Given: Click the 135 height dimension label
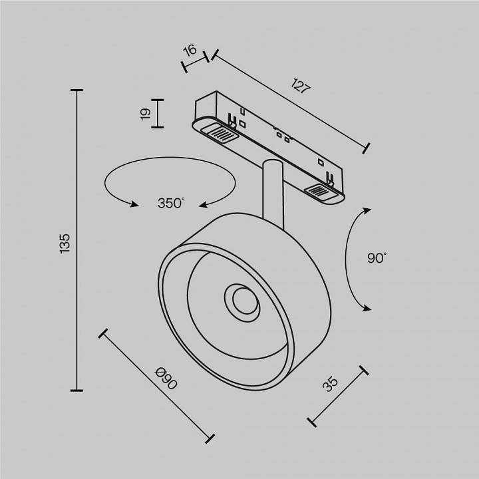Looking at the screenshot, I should point(65,243).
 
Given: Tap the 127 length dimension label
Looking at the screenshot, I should point(301,86).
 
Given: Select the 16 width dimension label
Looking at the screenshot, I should point(190,50).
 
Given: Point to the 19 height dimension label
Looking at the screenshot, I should point(145,114).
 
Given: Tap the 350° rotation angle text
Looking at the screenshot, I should point(170,204).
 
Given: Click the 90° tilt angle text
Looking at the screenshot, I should point(376,258).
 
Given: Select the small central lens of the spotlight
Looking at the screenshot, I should point(241,301).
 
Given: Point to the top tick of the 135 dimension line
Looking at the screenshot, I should point(77,90).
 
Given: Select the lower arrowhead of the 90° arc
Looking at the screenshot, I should point(366,308).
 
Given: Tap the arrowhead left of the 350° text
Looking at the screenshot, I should point(133,204).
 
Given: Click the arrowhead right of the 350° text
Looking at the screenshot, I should point(206,204).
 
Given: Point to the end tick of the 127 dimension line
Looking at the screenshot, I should point(367,148).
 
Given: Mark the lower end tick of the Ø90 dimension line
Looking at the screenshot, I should point(210,438).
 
